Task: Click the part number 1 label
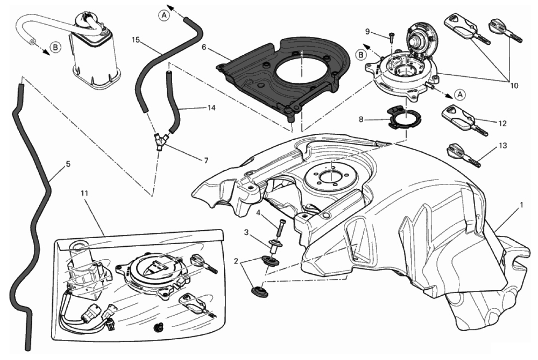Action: pos(521,205)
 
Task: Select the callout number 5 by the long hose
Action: pos(68,164)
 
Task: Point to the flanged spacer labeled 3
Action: pos(274,246)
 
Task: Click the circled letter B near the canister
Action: pos(55,46)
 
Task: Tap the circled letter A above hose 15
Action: pos(165,15)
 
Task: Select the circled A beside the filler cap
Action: pos(459,94)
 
